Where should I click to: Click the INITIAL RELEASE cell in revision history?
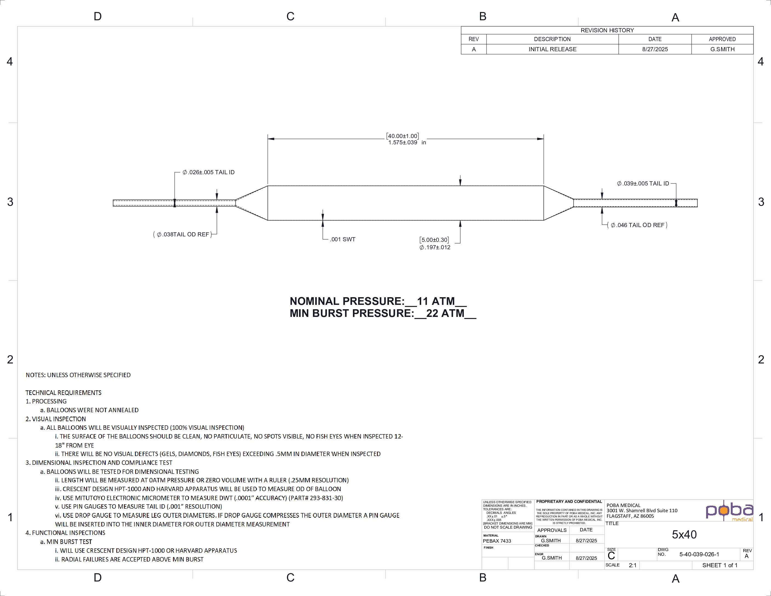point(552,49)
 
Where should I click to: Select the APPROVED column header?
point(722,39)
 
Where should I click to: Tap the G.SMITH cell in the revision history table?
point(722,49)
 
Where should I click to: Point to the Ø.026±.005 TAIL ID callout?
point(208,172)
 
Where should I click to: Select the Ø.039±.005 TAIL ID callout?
point(643,184)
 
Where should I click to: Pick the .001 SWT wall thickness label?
point(343,239)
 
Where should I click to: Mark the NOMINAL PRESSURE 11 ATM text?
point(378,301)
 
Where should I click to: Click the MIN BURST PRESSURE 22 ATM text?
point(383,313)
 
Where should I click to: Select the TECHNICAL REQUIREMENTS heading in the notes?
point(64,392)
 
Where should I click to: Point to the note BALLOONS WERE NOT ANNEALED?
point(93,410)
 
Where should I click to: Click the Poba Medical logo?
point(729,511)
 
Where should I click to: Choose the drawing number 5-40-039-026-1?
point(699,554)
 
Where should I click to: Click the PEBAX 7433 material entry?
point(497,541)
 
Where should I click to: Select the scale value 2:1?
point(632,565)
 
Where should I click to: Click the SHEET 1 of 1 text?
point(720,565)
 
